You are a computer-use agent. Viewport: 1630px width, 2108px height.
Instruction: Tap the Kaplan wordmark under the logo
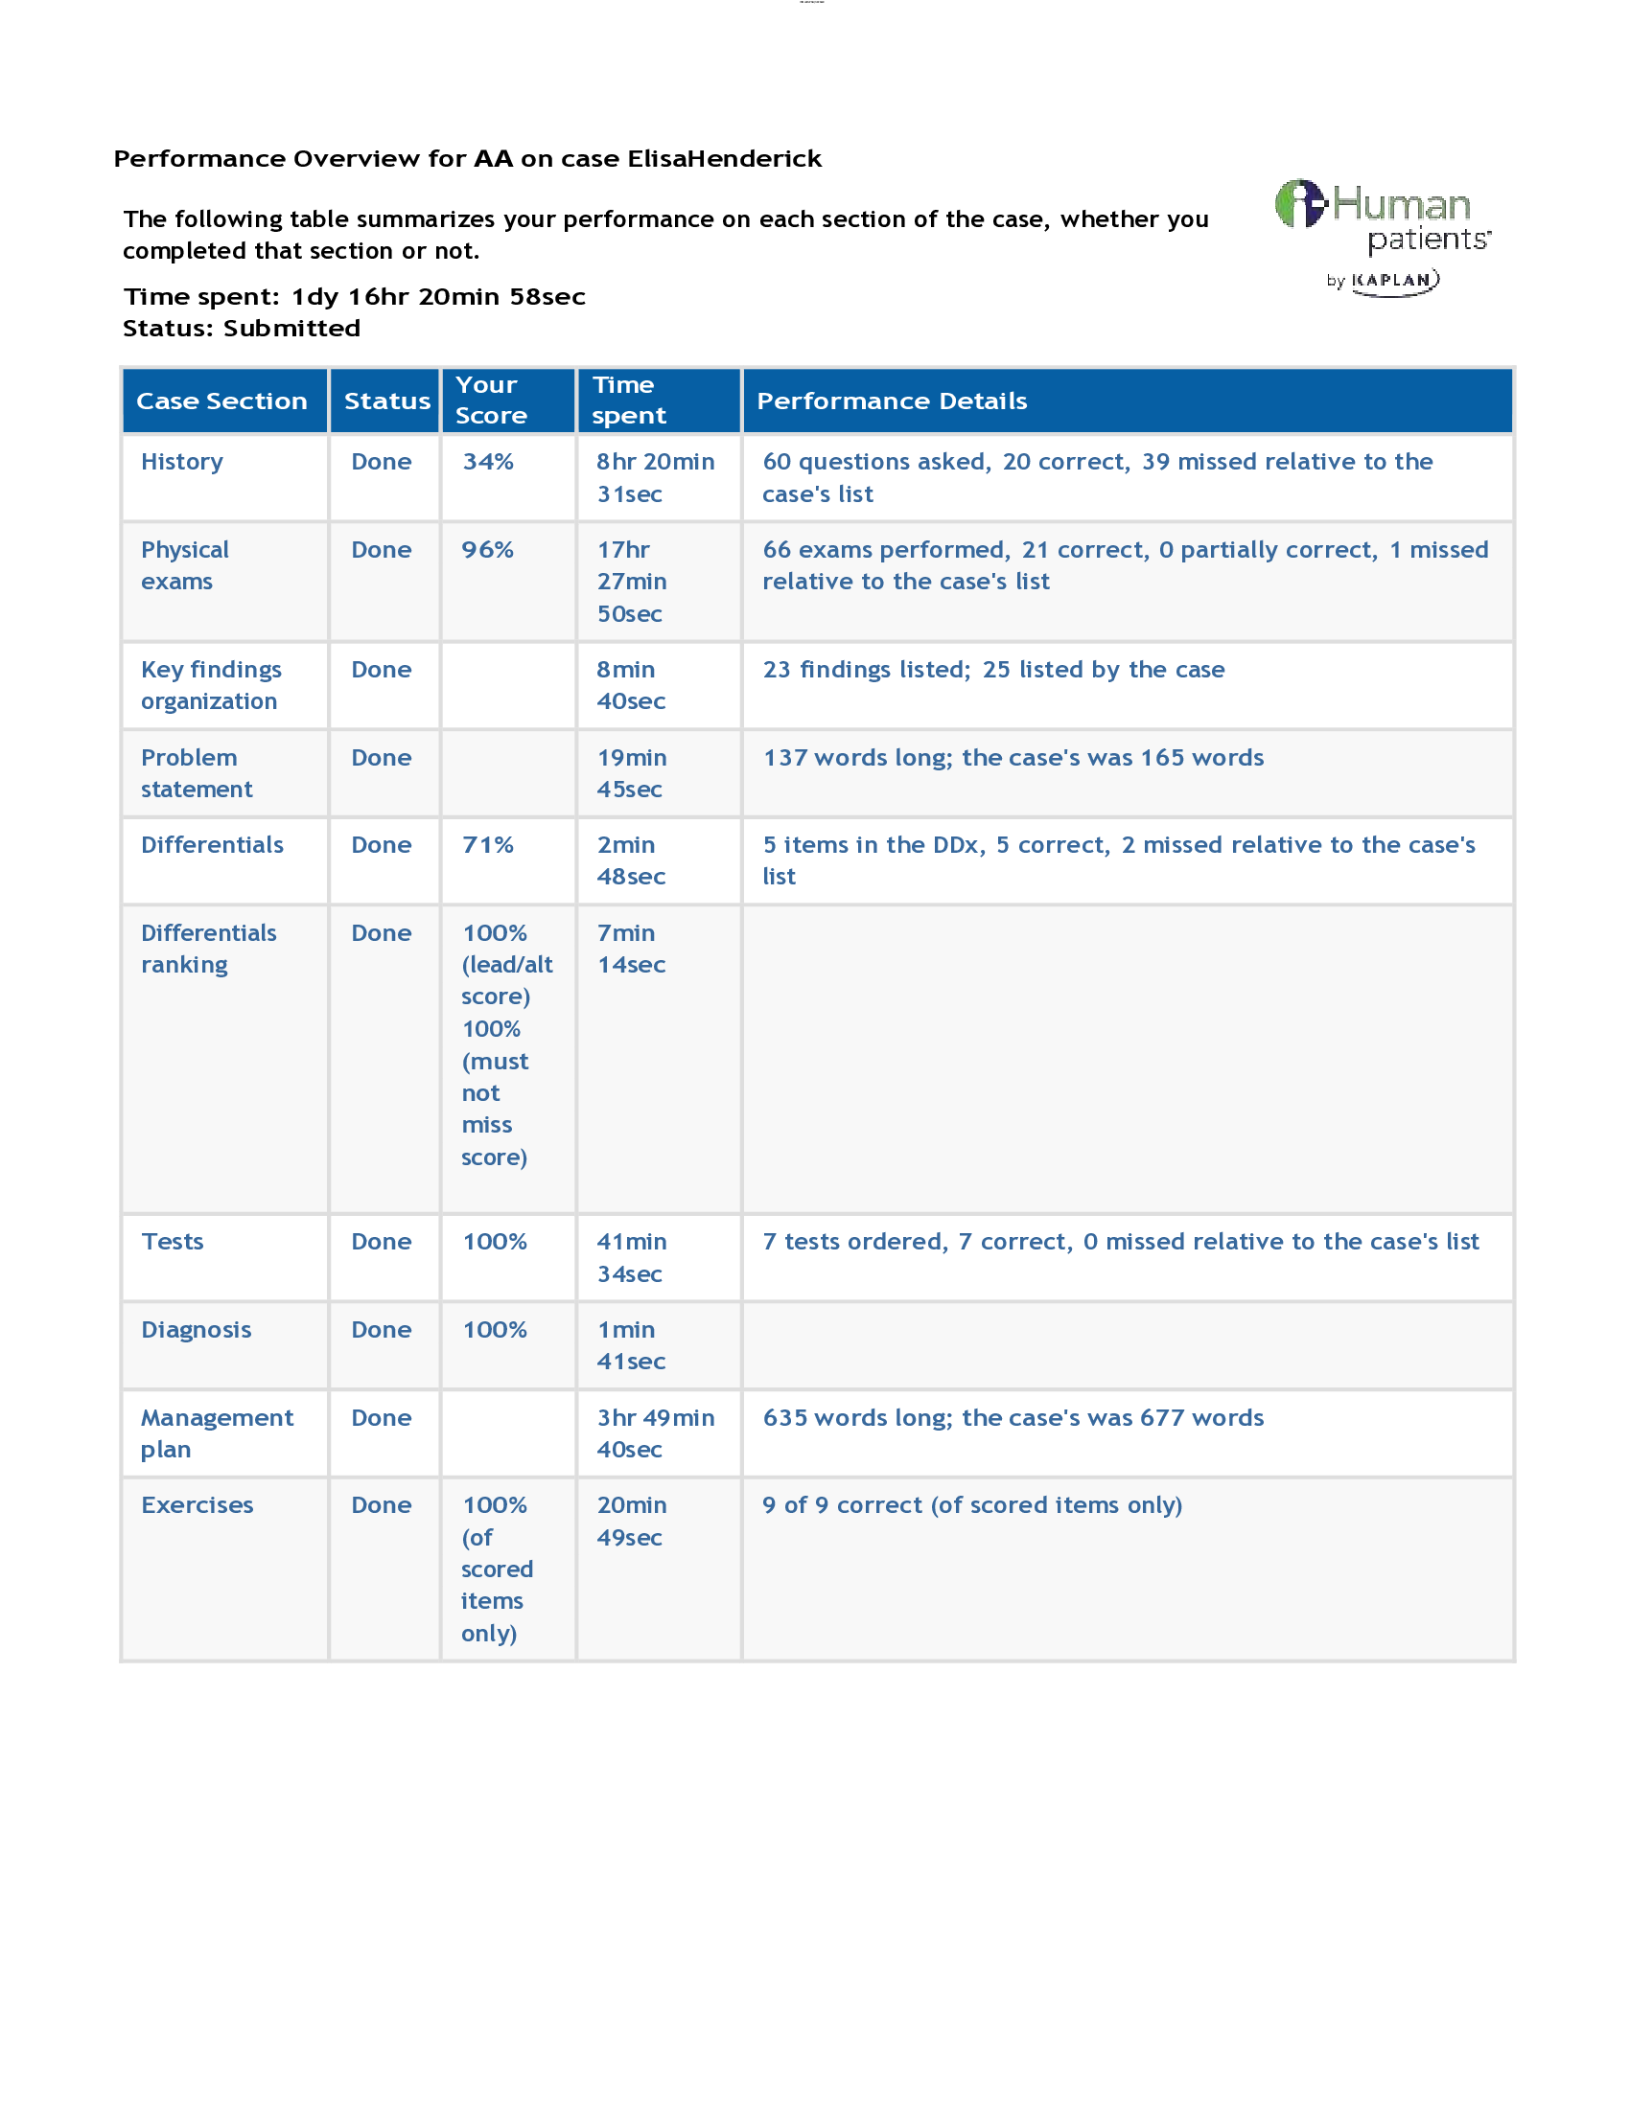(1394, 281)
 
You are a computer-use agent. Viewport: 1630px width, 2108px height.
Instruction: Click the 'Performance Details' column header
(892, 401)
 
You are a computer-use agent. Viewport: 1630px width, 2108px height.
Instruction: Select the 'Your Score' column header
(491, 400)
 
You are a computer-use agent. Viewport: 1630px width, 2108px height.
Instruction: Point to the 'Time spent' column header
(628, 400)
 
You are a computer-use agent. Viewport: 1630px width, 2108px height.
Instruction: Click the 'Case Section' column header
(221, 401)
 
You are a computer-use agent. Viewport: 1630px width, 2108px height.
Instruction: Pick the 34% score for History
(488, 462)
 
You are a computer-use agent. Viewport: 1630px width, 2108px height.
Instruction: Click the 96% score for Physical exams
(488, 549)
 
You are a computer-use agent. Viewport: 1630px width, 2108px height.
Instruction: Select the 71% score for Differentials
(488, 844)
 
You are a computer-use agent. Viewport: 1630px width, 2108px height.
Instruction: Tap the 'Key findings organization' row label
(211, 685)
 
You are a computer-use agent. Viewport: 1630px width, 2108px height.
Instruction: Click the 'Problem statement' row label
(196, 773)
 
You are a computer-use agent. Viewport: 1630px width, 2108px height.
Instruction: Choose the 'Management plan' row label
(217, 1433)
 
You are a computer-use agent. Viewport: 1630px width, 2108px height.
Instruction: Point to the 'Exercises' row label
(197, 1504)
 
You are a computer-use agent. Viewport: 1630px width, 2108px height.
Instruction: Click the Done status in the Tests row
(382, 1241)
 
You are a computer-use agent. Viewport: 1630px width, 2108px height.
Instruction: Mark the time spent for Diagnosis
(631, 1345)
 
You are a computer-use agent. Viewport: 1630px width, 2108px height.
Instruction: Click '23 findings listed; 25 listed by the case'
(992, 669)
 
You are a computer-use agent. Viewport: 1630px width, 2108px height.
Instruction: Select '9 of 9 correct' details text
(971, 1504)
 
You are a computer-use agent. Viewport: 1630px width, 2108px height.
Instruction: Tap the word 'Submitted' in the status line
(291, 328)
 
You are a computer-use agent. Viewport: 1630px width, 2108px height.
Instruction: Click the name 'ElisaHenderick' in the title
(724, 158)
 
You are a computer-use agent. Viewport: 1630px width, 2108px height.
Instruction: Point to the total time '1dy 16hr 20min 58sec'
(438, 296)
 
